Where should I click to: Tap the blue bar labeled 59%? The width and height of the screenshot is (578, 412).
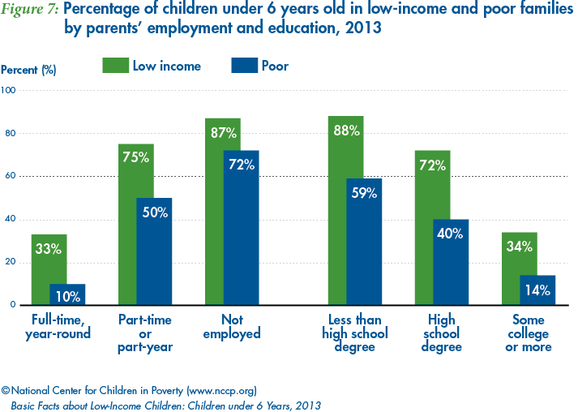364,242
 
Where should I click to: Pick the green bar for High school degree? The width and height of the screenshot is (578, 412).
432,228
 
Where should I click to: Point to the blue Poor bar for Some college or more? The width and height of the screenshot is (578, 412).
537,290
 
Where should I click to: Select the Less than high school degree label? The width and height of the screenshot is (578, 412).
355,333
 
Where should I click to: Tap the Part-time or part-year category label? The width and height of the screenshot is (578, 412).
146,333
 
